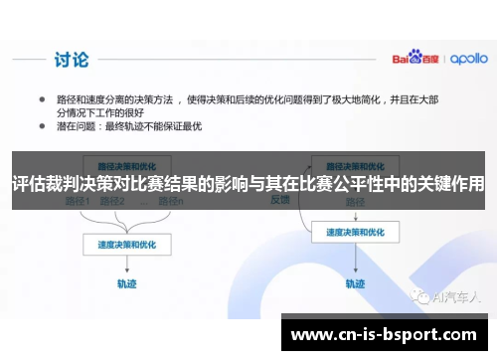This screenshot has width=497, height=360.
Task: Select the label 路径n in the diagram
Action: pyautogui.click(x=170, y=201)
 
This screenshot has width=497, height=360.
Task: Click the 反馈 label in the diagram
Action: pyautogui.click(x=280, y=199)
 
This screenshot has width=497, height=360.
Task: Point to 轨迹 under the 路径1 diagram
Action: pyautogui.click(x=127, y=282)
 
